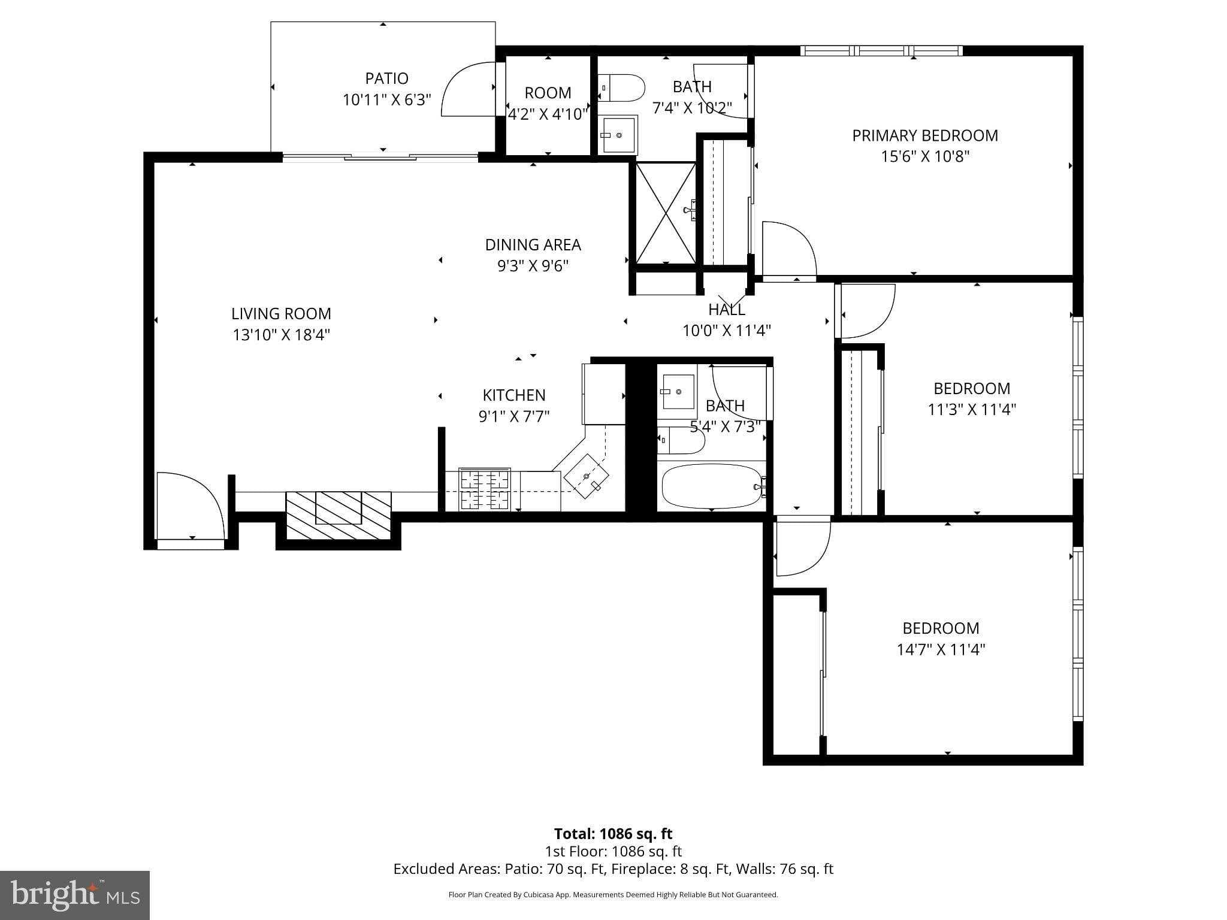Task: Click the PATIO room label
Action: (386, 78)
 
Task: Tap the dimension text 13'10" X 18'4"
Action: (281, 335)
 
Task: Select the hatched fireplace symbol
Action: (339, 515)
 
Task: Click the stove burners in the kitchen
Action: (484, 489)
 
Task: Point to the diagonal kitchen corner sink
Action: (586, 476)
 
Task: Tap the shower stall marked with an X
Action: (665, 213)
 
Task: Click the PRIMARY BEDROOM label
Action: (924, 136)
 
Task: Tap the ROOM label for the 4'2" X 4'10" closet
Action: (548, 93)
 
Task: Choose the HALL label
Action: (726, 310)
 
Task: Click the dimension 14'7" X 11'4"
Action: (940, 650)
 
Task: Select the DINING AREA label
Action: (533, 245)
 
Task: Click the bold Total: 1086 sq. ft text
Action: (613, 834)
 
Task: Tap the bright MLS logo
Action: (75, 894)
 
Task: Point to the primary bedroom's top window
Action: (881, 51)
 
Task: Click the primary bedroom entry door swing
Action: (788, 249)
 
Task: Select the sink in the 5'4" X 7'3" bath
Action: (678, 392)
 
